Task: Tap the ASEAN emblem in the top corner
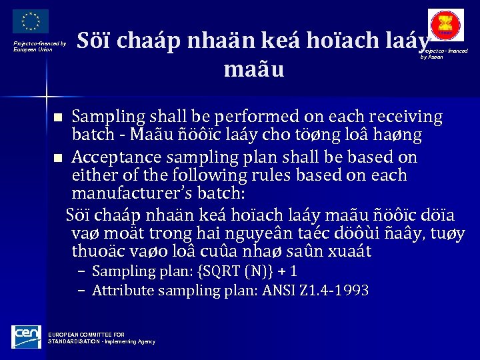coord(447,25)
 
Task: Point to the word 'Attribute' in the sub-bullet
coord(120,291)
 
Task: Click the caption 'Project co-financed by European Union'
coord(40,47)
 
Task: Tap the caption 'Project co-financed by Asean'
coord(444,54)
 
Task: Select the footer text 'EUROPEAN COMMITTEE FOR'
coord(87,335)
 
